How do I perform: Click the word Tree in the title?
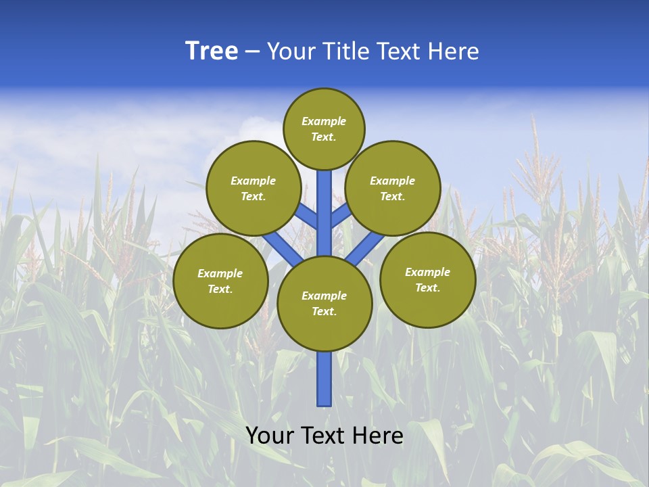212,51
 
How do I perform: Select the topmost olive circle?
324,129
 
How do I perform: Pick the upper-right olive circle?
393,188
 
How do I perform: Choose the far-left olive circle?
220,281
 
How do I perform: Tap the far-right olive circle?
428,279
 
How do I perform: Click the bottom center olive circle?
324,304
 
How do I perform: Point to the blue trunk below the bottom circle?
324,379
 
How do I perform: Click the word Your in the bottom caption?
270,436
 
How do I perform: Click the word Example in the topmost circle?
324,121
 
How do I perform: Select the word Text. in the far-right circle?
428,287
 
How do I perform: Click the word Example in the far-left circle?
220,273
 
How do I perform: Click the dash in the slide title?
252,51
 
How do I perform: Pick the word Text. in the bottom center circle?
324,311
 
